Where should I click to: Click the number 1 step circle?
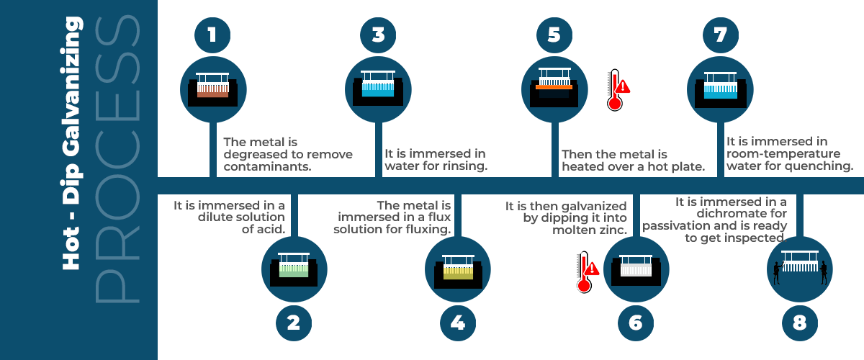(x=213, y=35)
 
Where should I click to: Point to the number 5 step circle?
(x=554, y=35)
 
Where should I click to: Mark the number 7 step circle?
(x=721, y=35)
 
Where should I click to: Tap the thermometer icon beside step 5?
(x=616, y=90)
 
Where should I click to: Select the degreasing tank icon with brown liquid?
(x=213, y=87)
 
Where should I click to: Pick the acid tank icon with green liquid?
(x=294, y=267)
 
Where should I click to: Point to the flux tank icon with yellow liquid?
(x=458, y=268)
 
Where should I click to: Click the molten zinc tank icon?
(x=635, y=267)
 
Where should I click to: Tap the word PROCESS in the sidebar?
(x=117, y=160)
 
